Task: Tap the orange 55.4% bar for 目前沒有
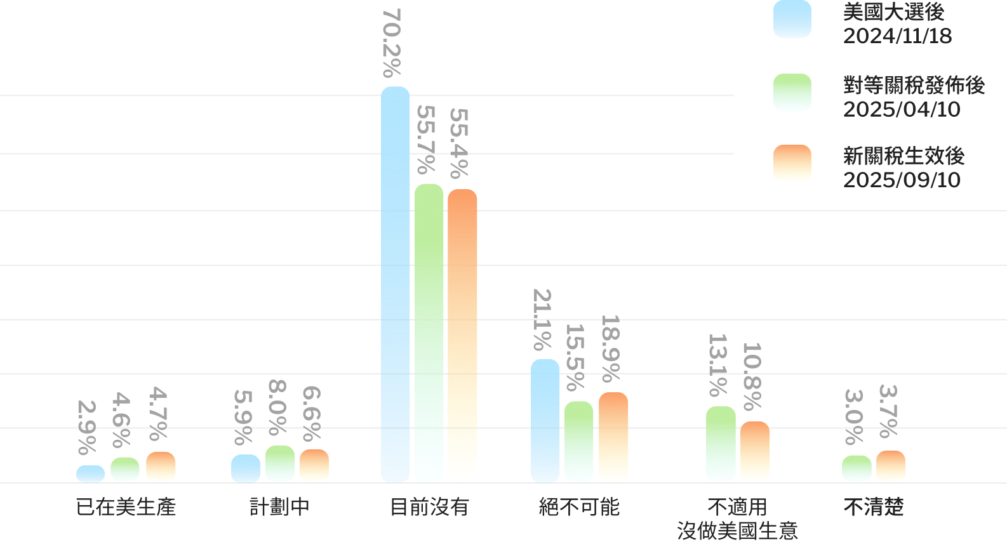tap(462, 336)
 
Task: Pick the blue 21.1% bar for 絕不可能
tap(545, 421)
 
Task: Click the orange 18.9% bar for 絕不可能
tap(613, 437)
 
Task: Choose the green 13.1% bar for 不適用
tap(721, 444)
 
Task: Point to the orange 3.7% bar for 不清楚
tap(891, 466)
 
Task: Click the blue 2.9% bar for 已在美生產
tap(91, 474)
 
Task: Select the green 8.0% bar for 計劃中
tap(280, 464)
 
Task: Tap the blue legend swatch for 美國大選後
tap(792, 19)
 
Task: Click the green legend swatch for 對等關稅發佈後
tap(792, 93)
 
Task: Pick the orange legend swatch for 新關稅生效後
tap(792, 164)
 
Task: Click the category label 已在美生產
tap(126, 507)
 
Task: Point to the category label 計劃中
tap(280, 507)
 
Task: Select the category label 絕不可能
tap(579, 507)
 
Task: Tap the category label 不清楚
tap(874, 507)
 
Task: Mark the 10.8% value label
tap(752, 377)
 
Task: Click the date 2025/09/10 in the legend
tap(902, 180)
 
